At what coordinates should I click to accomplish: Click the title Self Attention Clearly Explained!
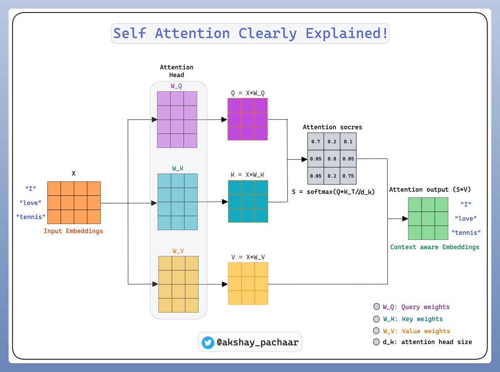[x=250, y=33]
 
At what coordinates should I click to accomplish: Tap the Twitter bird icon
[x=207, y=342]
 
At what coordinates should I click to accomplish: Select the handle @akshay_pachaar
[x=257, y=343]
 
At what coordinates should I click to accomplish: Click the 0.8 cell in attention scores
[x=332, y=159]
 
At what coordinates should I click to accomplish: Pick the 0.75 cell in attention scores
[x=347, y=175]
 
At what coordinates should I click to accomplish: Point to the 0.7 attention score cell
[x=315, y=142]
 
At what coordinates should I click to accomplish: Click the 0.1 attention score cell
[x=347, y=142]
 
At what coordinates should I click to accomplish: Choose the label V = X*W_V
[x=248, y=257]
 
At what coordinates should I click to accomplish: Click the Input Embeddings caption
[x=73, y=231]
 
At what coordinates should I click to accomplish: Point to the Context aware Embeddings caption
[x=435, y=247]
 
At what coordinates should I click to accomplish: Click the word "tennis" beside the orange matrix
[x=31, y=217]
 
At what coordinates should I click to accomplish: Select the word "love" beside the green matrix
[x=466, y=218]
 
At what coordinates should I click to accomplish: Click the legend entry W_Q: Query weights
[x=416, y=307]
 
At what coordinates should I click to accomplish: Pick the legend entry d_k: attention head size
[x=427, y=342]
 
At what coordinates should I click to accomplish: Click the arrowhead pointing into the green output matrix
[x=405, y=218]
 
